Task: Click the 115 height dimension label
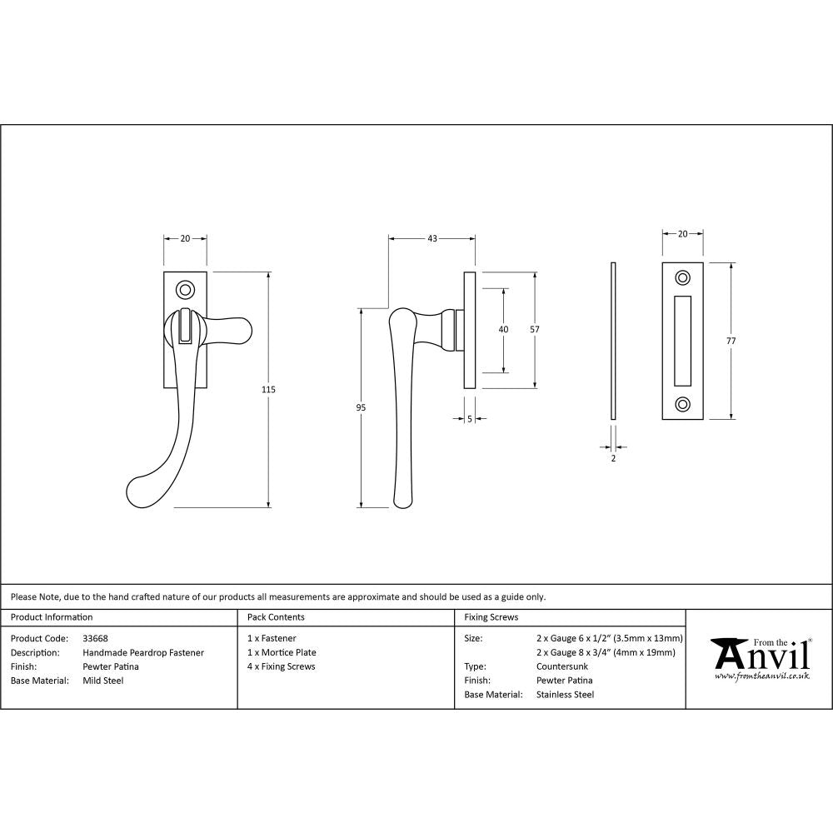tap(268, 390)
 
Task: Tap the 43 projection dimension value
tap(432, 239)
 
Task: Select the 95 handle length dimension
tap(361, 407)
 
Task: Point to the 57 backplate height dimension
tap(535, 330)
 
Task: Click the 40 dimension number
tap(503, 330)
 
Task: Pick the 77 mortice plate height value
tap(731, 341)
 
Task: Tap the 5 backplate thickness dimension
tap(470, 419)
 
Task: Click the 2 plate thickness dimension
tap(613, 458)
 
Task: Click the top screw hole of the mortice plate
tap(683, 277)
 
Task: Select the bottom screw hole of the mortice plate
tap(683, 404)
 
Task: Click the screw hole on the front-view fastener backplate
tap(185, 290)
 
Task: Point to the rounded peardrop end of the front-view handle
tap(143, 493)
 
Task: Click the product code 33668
tap(96, 638)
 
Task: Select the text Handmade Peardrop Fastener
tap(143, 652)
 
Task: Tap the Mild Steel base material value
tap(103, 681)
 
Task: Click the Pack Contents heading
tap(276, 617)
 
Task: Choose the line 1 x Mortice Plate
tap(282, 652)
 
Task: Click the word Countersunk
tap(562, 666)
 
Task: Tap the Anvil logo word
tap(761, 656)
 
